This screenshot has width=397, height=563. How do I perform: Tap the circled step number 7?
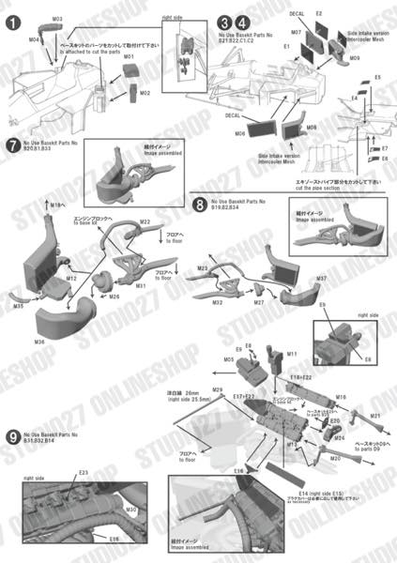pos(12,145)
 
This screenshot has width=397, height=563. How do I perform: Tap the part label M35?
pos(19,307)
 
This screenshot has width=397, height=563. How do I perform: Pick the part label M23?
pos(201,269)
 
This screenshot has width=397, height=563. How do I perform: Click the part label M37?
pos(321,280)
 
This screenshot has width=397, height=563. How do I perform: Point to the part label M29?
pos(218,388)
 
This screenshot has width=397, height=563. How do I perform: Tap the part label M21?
pos(374,415)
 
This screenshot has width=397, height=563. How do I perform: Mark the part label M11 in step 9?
pos(292,354)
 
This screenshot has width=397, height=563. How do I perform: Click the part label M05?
pos(229,359)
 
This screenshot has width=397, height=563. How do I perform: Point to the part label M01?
pos(129,57)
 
